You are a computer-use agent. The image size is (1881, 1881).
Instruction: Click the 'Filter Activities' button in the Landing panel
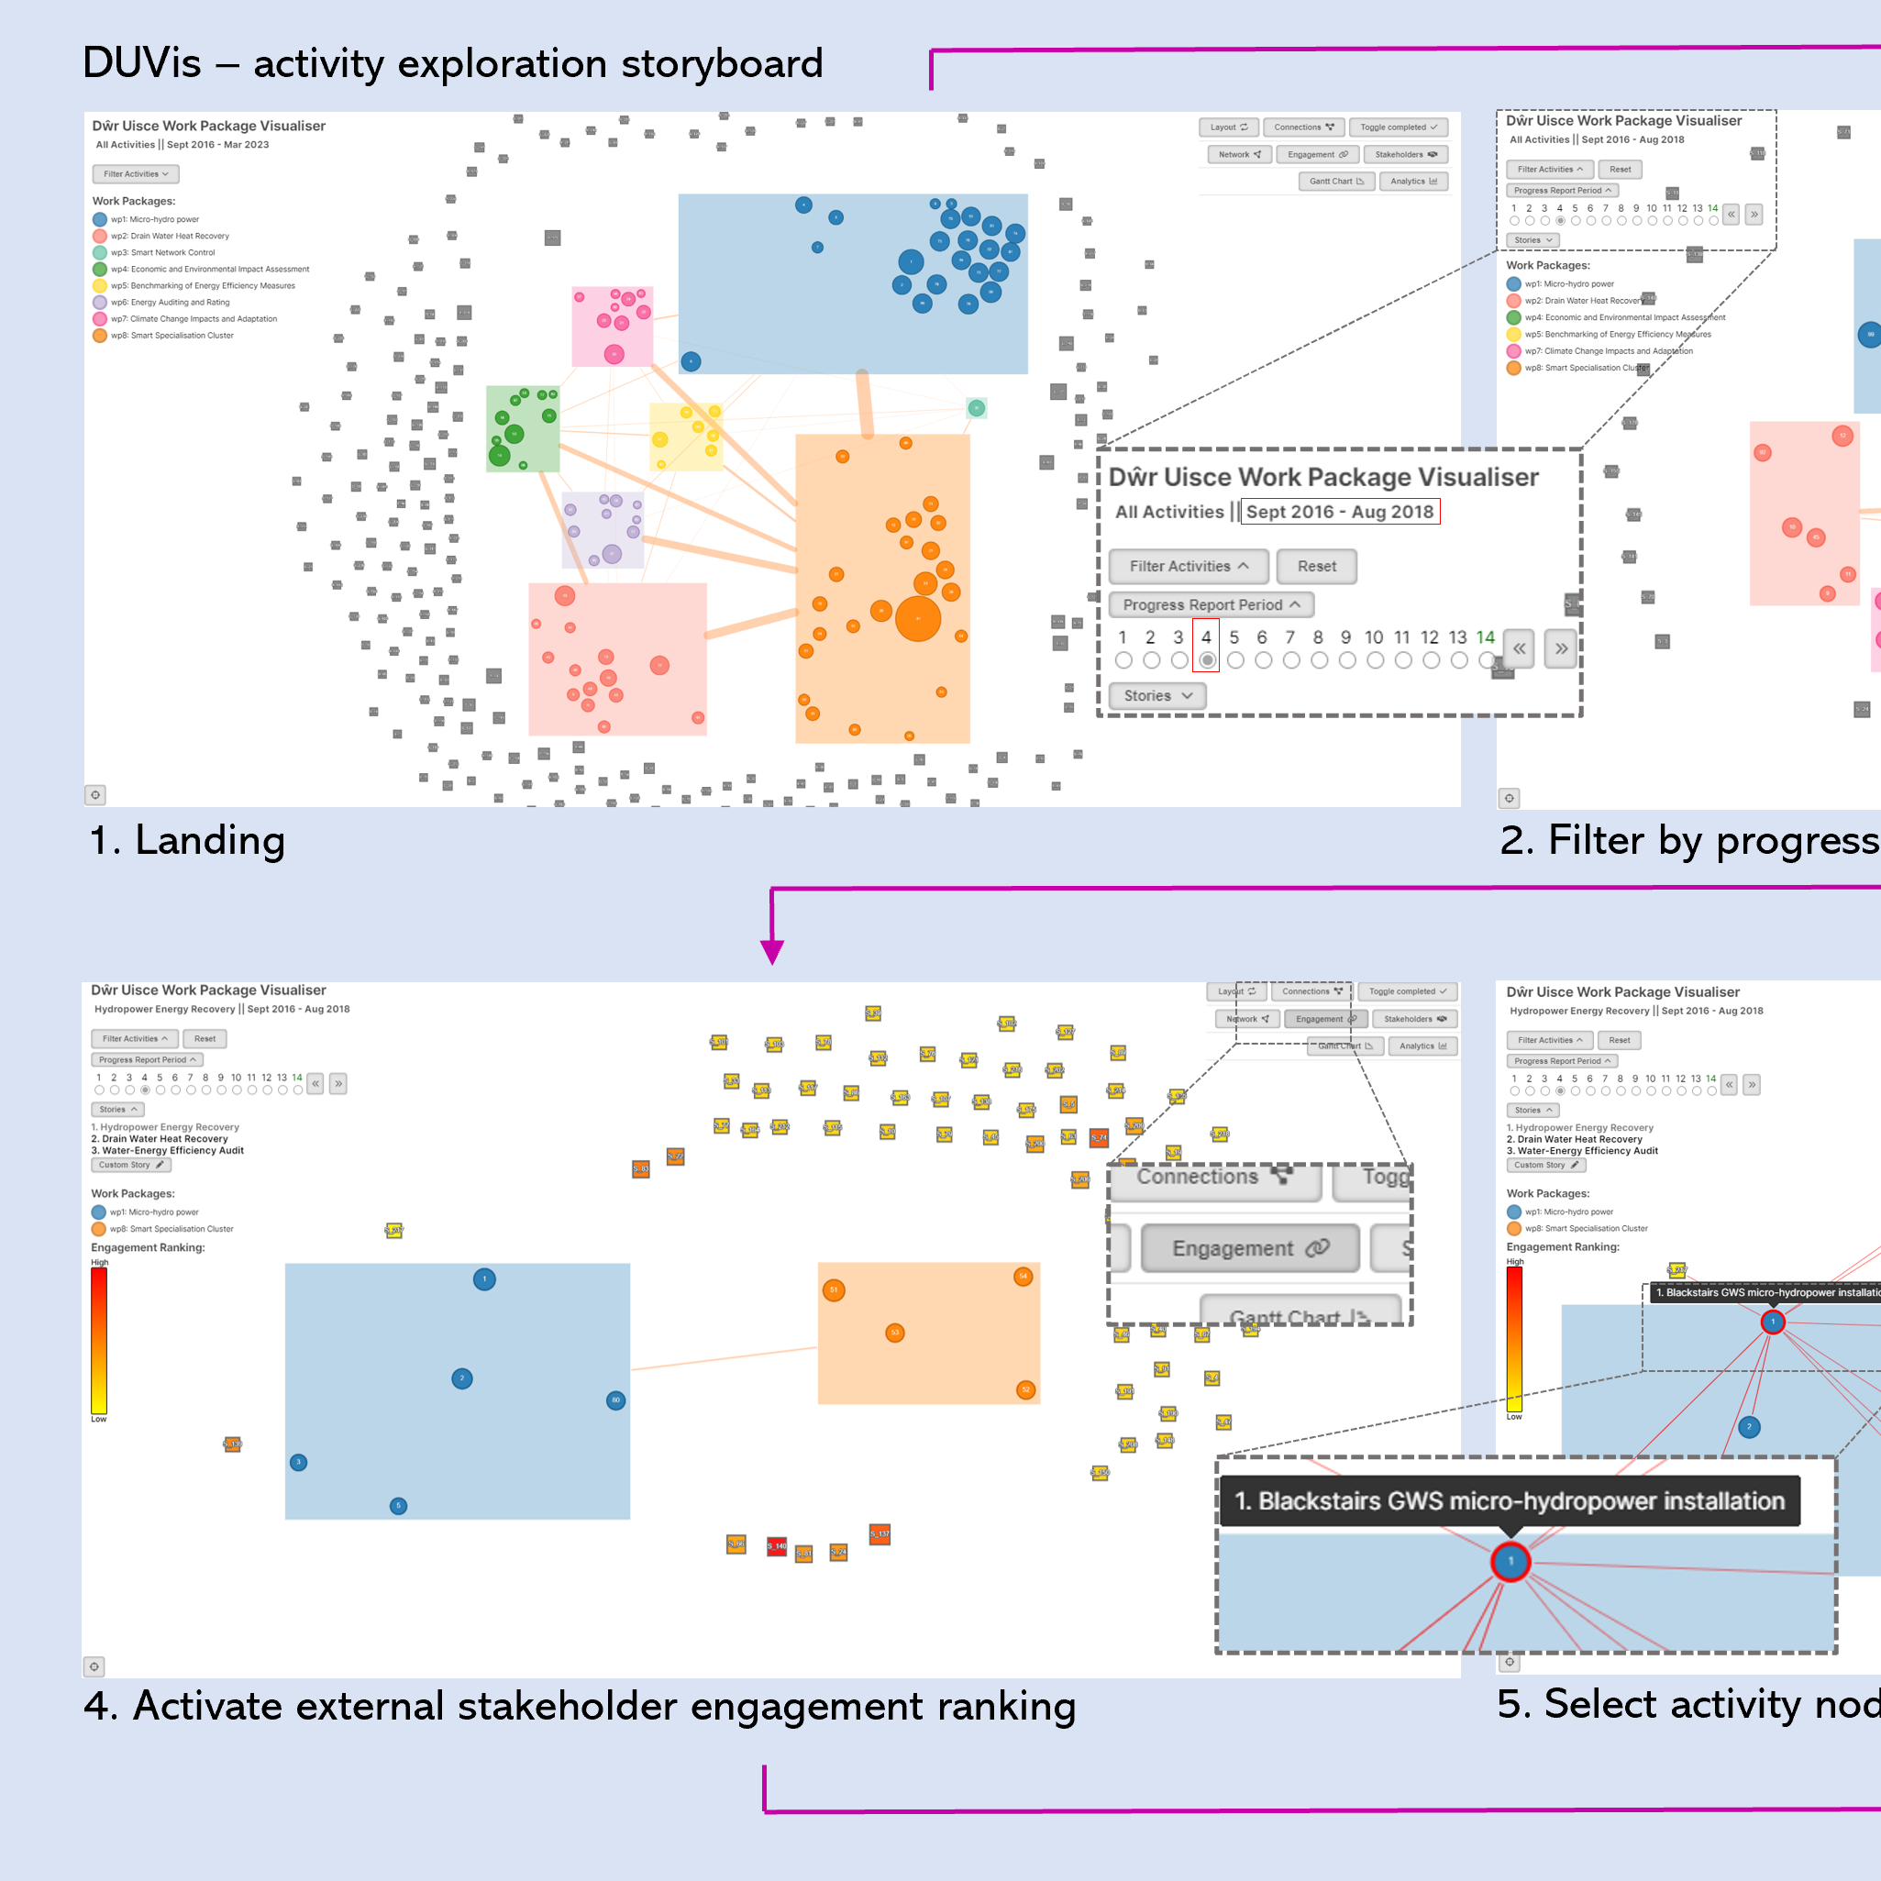point(136,174)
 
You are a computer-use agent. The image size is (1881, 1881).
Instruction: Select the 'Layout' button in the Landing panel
point(1228,127)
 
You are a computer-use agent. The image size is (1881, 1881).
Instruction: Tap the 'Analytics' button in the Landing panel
point(1412,181)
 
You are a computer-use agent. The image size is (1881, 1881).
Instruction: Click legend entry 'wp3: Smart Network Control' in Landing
point(161,252)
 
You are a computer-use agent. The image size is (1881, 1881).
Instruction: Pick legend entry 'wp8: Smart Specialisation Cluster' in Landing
point(172,335)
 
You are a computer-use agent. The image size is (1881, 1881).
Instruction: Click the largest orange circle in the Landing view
point(917,618)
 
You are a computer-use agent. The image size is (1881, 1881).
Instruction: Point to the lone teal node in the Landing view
point(976,408)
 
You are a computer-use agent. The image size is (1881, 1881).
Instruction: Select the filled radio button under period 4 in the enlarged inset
point(1206,660)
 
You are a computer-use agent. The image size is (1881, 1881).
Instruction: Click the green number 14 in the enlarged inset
point(1485,636)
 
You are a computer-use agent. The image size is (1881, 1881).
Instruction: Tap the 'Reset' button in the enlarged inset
point(1316,566)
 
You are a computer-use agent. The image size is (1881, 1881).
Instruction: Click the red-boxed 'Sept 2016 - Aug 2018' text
point(1340,511)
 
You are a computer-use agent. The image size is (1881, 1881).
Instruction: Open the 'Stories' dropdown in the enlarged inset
point(1156,695)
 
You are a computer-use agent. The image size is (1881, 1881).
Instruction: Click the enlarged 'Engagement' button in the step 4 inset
point(1249,1248)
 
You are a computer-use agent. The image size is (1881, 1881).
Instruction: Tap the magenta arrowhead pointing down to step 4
point(772,951)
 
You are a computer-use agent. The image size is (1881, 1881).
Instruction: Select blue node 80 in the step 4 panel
point(615,1400)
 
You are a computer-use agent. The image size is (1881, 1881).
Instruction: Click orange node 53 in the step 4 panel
point(895,1332)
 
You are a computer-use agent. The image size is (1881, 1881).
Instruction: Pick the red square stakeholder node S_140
point(776,1545)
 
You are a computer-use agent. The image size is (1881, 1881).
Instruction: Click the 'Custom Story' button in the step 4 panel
point(130,1165)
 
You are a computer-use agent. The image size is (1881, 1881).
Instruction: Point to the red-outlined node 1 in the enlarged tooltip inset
point(1510,1562)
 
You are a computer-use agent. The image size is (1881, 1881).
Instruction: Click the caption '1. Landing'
point(187,840)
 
